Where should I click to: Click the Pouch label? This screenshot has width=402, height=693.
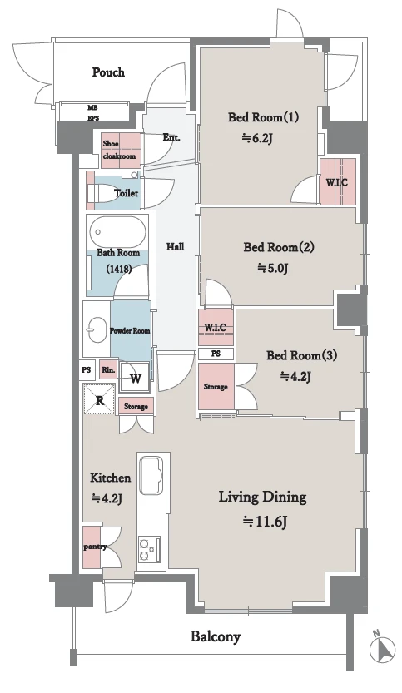point(108,72)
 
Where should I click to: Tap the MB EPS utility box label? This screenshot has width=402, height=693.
point(93,112)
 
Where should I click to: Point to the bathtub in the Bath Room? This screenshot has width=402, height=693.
point(117,232)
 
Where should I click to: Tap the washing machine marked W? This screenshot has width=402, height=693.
point(136,378)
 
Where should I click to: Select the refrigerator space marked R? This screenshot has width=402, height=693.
point(100,399)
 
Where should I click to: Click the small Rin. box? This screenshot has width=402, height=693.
point(108,369)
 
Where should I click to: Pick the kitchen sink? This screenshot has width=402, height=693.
point(151,476)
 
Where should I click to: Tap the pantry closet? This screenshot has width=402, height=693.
point(92,547)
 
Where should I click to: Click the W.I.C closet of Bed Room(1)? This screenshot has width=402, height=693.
point(337,181)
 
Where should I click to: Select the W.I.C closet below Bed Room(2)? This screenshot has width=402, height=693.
point(216,328)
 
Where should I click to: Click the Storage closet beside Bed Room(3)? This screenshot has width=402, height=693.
point(216,386)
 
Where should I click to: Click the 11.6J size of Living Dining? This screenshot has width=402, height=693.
point(266,522)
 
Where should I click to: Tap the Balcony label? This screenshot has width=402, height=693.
point(216,637)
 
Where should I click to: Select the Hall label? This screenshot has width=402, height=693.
point(175,246)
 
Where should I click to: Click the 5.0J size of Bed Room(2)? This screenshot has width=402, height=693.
point(273,268)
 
